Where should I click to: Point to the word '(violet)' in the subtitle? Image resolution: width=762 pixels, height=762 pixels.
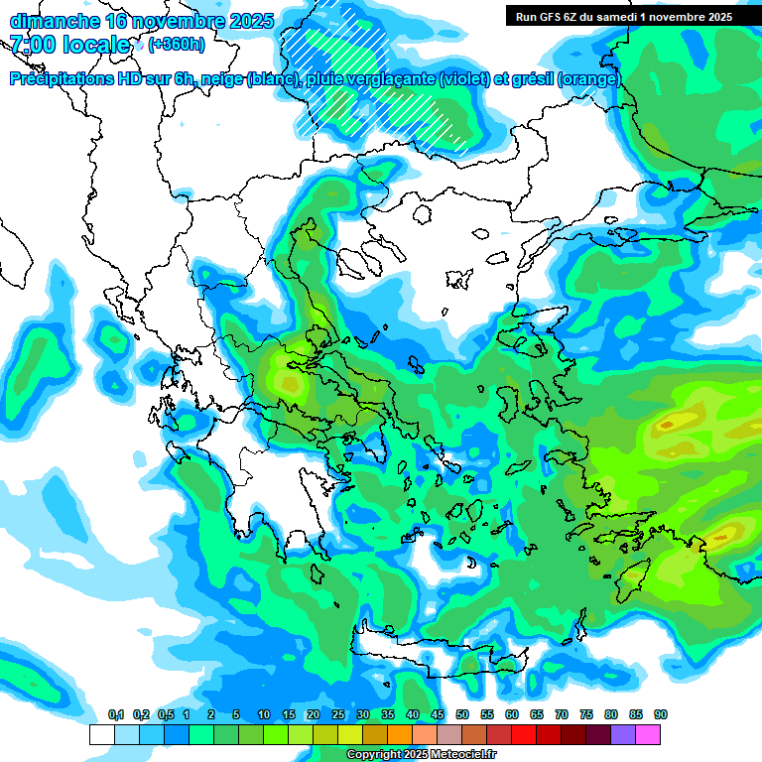[x=466, y=79]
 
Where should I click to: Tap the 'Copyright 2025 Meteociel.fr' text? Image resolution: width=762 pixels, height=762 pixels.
[x=422, y=755]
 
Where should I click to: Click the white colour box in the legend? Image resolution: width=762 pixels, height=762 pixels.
[x=101, y=734]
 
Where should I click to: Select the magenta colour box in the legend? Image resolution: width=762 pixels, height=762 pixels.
[x=649, y=734]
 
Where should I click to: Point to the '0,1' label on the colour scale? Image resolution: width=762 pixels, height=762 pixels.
[x=116, y=715]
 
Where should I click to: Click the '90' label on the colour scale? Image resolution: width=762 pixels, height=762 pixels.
[x=661, y=715]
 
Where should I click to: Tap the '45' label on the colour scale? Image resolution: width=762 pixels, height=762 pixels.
[x=438, y=715]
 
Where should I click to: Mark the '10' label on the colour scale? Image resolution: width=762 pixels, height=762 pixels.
[x=263, y=715]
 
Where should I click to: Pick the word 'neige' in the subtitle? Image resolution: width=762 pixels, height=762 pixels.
[x=221, y=79]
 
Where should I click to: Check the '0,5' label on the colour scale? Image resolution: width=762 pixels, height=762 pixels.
[x=166, y=715]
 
